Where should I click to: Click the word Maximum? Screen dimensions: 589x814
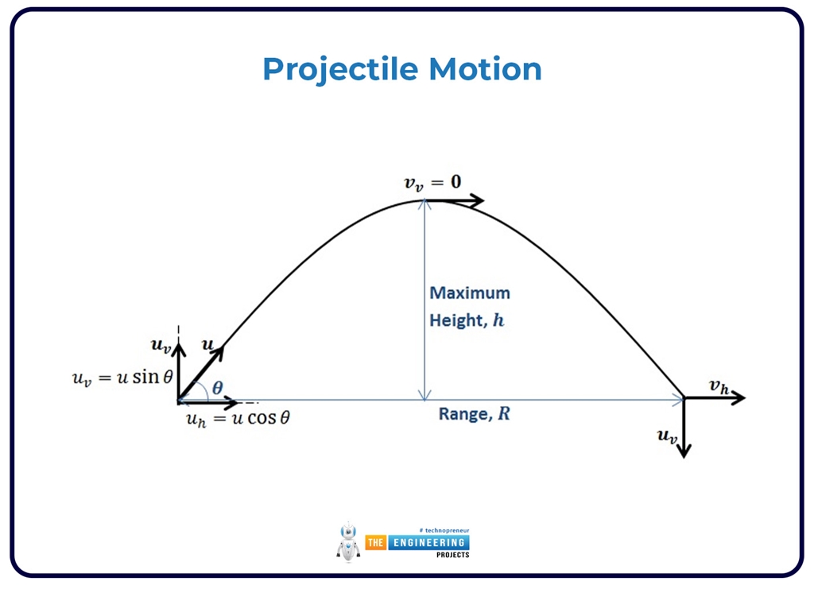[x=470, y=293]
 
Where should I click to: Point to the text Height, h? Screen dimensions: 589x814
[x=467, y=321]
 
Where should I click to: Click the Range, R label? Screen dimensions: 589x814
[x=474, y=414]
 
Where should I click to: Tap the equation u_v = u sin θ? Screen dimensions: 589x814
[x=122, y=378]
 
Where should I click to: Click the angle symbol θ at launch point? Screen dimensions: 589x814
[x=217, y=389]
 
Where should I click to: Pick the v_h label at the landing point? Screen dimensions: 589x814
[x=719, y=386]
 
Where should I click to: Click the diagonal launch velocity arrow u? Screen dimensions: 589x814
[x=202, y=374]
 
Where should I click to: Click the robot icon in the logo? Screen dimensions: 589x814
[x=347, y=542]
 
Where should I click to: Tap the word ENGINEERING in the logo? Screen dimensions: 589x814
[x=428, y=542]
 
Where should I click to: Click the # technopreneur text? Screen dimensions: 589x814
[x=443, y=530]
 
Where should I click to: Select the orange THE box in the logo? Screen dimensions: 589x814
[x=375, y=542]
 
